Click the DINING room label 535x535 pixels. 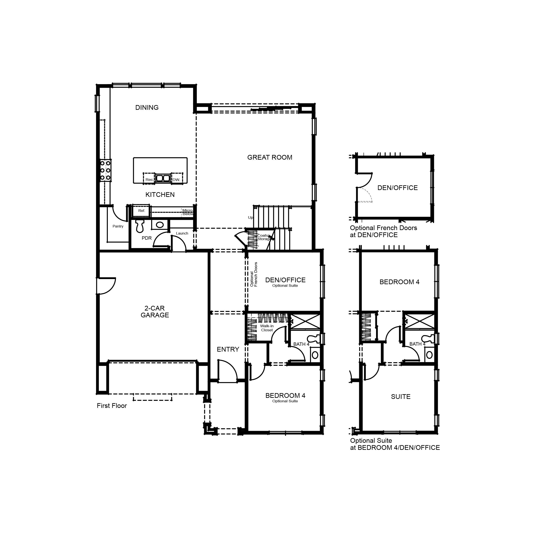click(x=147, y=107)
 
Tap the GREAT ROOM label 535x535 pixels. click(x=270, y=157)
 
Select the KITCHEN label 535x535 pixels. click(x=160, y=195)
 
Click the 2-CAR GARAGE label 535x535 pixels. click(x=154, y=311)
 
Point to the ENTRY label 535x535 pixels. click(x=228, y=349)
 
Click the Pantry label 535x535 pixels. click(x=118, y=226)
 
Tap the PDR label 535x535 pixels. click(x=147, y=238)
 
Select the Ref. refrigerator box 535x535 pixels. click(x=141, y=211)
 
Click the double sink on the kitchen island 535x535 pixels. click(x=163, y=178)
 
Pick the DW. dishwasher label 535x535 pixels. click(x=176, y=180)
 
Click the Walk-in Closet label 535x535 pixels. click(x=267, y=328)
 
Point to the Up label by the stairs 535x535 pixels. click(x=250, y=217)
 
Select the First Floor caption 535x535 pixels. click(x=112, y=406)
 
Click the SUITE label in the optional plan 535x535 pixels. click(x=400, y=397)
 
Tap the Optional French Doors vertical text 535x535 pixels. click(x=254, y=274)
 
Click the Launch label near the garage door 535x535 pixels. click(x=182, y=233)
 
